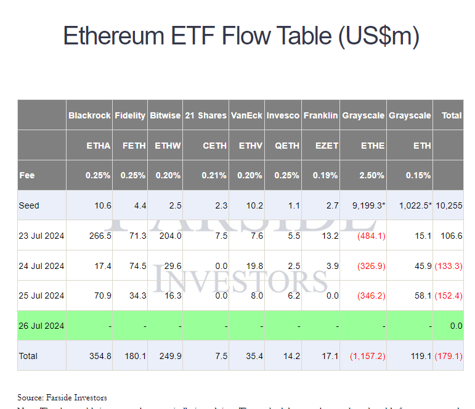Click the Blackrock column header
[89, 115]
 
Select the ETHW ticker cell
[168, 146]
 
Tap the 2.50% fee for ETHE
[371, 175]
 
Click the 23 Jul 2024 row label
[41, 236]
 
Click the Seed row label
[28, 205]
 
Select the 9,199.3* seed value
[367, 205]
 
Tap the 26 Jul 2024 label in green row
[41, 326]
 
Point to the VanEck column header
[246, 115]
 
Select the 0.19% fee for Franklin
[325, 175]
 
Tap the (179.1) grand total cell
[449, 356]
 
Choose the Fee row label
[27, 175]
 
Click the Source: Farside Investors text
[62, 398]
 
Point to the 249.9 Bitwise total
[170, 356]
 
